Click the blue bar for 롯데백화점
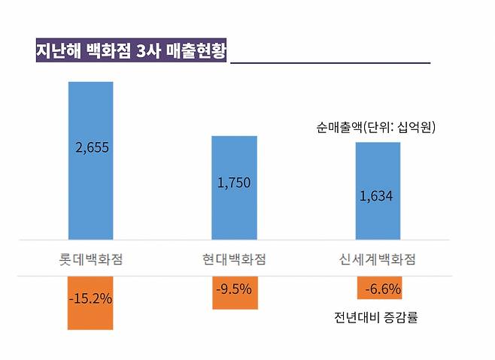[x=90, y=188]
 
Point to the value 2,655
[x=93, y=147]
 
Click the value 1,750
[x=234, y=183]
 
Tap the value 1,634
[x=376, y=197]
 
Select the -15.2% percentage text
[x=90, y=298]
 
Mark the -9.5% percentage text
[x=234, y=288]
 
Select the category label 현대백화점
[x=234, y=260]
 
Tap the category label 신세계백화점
[x=378, y=260]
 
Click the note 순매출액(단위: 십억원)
[x=376, y=128]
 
